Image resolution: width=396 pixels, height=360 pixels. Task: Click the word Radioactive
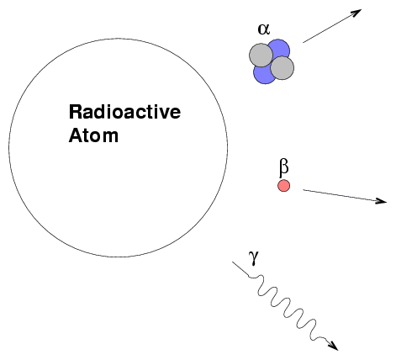[x=124, y=112]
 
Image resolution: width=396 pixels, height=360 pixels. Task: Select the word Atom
[x=93, y=135]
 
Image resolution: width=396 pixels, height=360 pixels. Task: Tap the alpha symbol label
[x=264, y=29]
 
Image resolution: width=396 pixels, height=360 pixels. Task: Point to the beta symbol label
[x=284, y=168]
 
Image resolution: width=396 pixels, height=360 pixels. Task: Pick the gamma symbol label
[x=254, y=258]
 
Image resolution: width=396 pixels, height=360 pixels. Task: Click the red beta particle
[x=283, y=186]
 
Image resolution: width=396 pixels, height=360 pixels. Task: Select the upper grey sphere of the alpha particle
[x=261, y=55]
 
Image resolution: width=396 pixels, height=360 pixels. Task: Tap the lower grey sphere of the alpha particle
[x=282, y=68]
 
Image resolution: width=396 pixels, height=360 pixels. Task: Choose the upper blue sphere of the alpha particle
[x=279, y=48]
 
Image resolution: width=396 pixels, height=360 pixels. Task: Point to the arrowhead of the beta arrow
[x=382, y=200]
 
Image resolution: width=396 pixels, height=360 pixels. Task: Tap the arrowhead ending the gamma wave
[x=334, y=346]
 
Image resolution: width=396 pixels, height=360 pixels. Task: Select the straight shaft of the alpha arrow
[x=330, y=28]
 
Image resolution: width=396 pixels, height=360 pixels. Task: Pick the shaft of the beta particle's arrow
[x=342, y=195]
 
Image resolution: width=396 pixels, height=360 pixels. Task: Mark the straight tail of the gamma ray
[x=240, y=269]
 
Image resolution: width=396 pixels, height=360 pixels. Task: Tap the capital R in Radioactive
[x=76, y=112]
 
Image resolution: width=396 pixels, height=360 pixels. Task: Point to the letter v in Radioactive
[x=161, y=114]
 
